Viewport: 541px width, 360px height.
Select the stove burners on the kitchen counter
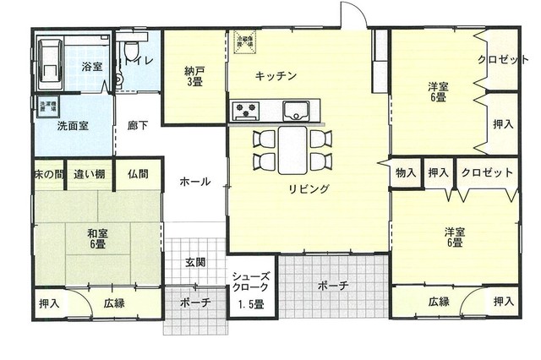coord(246,108)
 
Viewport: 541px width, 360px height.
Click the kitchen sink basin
coord(295,108)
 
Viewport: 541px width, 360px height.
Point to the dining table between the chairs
coord(292,150)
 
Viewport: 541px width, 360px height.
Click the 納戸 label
coord(194,77)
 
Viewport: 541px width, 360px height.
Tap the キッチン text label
coord(275,76)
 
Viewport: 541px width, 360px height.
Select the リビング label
coord(308,188)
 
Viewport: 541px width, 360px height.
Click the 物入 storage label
coord(405,172)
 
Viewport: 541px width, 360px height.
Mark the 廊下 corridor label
coord(138,125)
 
